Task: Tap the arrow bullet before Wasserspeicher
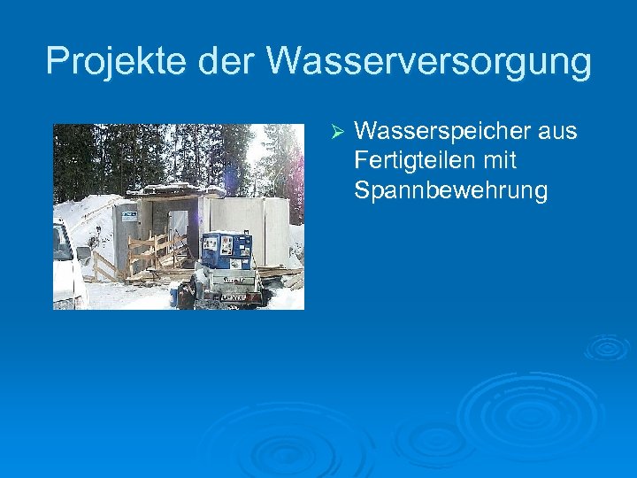coord(335,132)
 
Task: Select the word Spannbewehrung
coord(450,190)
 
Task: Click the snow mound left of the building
coord(84,217)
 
